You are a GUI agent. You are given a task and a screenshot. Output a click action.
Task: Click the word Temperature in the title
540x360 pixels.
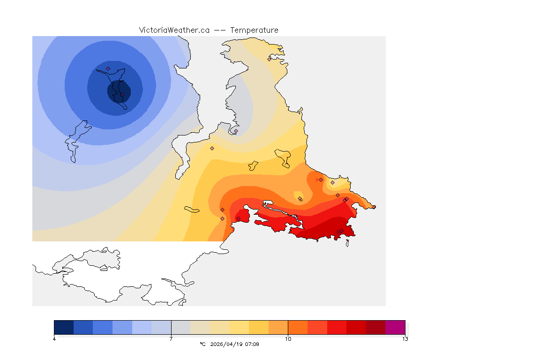click(254, 30)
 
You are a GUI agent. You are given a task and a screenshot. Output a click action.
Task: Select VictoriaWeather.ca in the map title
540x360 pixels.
click(174, 30)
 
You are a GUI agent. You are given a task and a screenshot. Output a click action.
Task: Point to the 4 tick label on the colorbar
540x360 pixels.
click(54, 339)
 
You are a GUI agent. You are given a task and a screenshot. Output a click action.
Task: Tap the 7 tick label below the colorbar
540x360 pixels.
click(171, 339)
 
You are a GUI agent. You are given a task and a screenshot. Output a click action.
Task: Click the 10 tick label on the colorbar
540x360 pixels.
click(288, 339)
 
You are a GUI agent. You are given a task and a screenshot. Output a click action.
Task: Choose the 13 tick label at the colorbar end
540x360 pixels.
click(405, 339)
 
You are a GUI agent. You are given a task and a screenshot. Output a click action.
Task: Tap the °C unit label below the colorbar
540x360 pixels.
click(202, 344)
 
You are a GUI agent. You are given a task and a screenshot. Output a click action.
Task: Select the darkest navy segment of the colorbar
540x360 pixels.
click(64, 327)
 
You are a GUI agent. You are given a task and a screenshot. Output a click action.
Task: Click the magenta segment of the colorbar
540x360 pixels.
click(395, 327)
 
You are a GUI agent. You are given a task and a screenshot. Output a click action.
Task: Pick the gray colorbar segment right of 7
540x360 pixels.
click(180, 327)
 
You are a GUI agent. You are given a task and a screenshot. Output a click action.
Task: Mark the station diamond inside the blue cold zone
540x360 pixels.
click(108, 68)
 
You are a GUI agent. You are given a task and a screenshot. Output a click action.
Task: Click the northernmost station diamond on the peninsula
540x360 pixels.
click(270, 59)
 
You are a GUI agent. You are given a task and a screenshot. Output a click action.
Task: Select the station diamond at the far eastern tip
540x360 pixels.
click(374, 207)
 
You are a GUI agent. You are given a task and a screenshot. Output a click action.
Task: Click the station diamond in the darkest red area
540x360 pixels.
click(341, 231)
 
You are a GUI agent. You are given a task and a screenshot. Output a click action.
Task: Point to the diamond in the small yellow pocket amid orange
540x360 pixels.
click(300, 199)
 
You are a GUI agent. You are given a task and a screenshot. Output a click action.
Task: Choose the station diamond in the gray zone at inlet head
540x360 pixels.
click(236, 131)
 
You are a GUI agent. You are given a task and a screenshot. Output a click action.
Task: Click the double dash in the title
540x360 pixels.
click(220, 30)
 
